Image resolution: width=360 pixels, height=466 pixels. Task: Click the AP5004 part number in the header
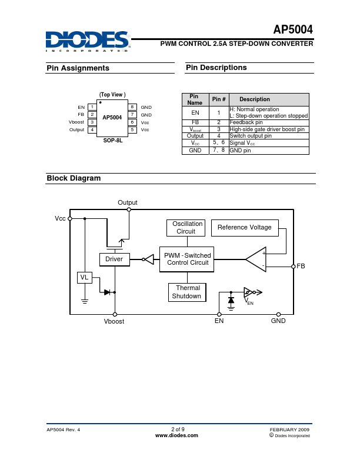pyautogui.click(x=293, y=30)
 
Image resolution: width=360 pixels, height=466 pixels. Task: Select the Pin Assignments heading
pyautogui.click(x=78, y=68)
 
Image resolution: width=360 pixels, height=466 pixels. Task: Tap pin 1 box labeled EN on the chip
pyautogui.click(x=92, y=107)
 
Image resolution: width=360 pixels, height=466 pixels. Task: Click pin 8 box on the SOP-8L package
pyautogui.click(x=133, y=107)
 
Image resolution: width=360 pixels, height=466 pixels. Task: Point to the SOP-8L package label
pyautogui.click(x=112, y=141)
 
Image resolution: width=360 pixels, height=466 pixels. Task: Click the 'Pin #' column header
pyautogui.click(x=219, y=99)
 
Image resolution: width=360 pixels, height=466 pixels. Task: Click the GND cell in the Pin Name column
pyautogui.click(x=195, y=151)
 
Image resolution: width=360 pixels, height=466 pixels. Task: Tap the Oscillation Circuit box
pyautogui.click(x=186, y=228)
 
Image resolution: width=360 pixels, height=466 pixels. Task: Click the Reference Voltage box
pyautogui.click(x=245, y=227)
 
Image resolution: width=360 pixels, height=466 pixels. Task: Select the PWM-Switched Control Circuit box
pyautogui.click(x=187, y=259)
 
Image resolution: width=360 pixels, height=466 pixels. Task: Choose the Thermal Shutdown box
pyautogui.click(x=186, y=292)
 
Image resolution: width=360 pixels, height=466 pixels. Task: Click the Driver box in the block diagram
pyautogui.click(x=114, y=259)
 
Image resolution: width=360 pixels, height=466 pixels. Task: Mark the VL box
pyautogui.click(x=84, y=277)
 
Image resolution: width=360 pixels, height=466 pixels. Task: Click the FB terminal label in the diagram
pyautogui.click(x=301, y=267)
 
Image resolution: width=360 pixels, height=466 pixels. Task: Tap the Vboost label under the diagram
pyautogui.click(x=114, y=322)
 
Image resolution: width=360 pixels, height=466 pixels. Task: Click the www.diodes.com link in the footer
pyautogui.click(x=176, y=436)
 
